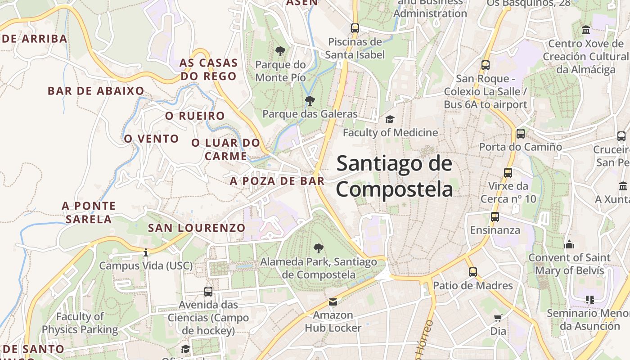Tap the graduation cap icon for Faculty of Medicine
coord(390,120)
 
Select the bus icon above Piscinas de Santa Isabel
coord(355,28)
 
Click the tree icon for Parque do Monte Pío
coord(280,51)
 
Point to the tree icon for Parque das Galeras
coord(310,101)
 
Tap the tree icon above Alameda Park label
coord(319,248)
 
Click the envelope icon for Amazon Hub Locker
coord(333,302)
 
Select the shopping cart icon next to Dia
coord(498,318)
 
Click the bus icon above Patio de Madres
coord(472,272)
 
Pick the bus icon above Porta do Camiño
coord(520,134)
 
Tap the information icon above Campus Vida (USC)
coord(145,253)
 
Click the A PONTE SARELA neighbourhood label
coord(89,212)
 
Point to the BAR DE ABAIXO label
coord(96,91)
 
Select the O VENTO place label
coord(152,139)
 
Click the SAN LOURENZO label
coord(197,228)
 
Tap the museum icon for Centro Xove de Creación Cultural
coord(586,30)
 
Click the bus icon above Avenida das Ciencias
coord(208,292)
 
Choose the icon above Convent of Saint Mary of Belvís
coord(569,245)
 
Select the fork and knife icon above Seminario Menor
coord(589,300)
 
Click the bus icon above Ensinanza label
coord(495,217)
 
